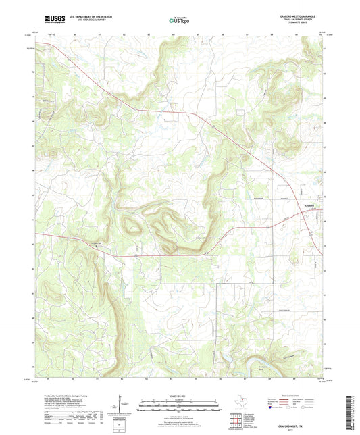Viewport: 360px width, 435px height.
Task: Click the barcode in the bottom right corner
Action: click(349, 404)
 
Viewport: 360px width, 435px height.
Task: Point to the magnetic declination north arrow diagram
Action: click(124, 406)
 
